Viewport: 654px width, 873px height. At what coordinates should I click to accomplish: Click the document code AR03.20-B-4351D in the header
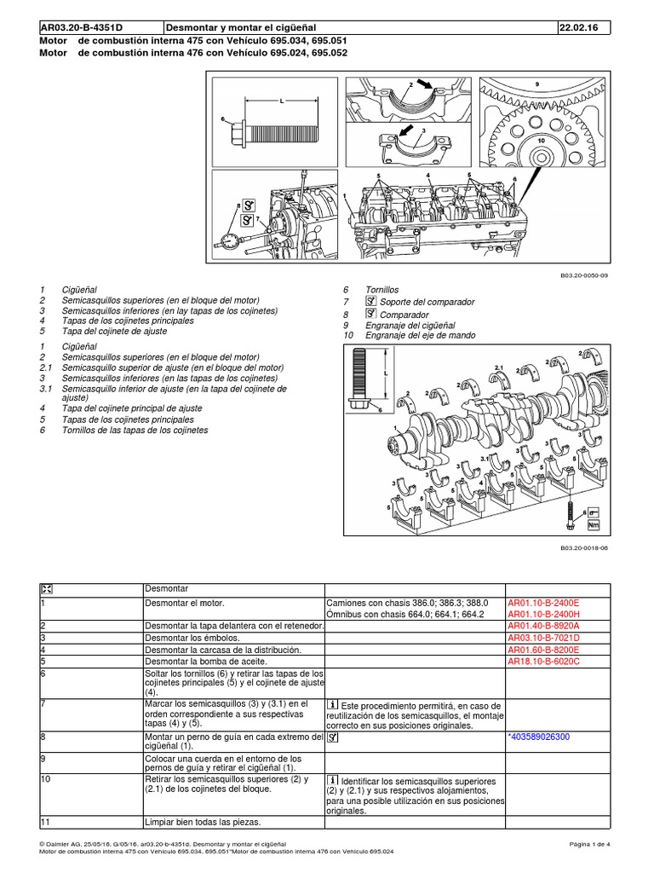77,27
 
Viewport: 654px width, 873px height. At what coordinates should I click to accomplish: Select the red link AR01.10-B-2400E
548,603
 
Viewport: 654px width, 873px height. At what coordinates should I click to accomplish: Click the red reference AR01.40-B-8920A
548,626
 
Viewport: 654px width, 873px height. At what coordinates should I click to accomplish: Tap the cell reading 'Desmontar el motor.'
185,603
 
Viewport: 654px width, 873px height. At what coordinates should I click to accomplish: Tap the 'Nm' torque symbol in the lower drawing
594,526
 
